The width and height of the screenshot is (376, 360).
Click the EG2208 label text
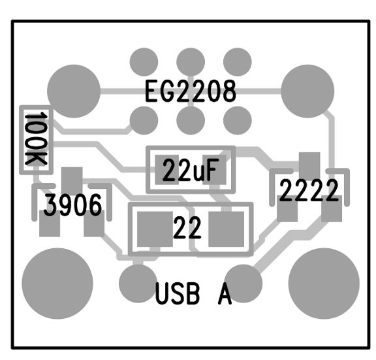pyautogui.click(x=191, y=91)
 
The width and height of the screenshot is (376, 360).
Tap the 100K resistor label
pyautogui.click(x=36, y=139)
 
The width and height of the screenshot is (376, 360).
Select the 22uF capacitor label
pyautogui.click(x=191, y=170)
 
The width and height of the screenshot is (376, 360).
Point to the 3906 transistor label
pyautogui.click(x=73, y=205)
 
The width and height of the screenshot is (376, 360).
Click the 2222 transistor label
pyautogui.click(x=309, y=191)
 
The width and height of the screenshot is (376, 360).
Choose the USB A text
pyautogui.click(x=193, y=293)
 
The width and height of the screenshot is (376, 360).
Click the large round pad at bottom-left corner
pyautogui.click(x=57, y=284)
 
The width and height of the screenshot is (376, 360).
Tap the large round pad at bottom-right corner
pyautogui.click(x=324, y=284)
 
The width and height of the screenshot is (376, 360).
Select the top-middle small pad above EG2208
pyautogui.click(x=191, y=62)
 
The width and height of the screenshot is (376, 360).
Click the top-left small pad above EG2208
pyautogui.click(x=144, y=62)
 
